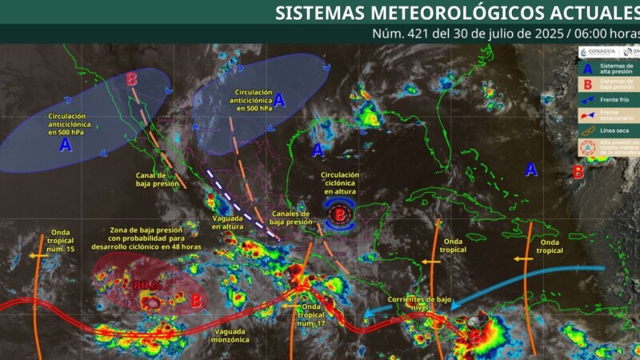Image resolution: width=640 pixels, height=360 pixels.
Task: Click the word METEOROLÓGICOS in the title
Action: [x=448, y=13]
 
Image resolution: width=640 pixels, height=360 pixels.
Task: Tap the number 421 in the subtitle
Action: [x=421, y=34]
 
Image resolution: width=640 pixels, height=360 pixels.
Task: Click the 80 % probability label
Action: [x=148, y=284]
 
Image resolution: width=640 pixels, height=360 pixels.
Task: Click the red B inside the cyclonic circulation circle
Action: [x=339, y=214]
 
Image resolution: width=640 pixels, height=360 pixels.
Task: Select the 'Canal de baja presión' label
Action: [x=151, y=179]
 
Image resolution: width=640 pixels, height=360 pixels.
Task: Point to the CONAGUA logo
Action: [x=596, y=52]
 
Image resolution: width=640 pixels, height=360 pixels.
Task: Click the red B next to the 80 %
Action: [x=196, y=300]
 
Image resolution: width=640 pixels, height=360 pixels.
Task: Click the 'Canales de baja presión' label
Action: [x=290, y=218]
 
